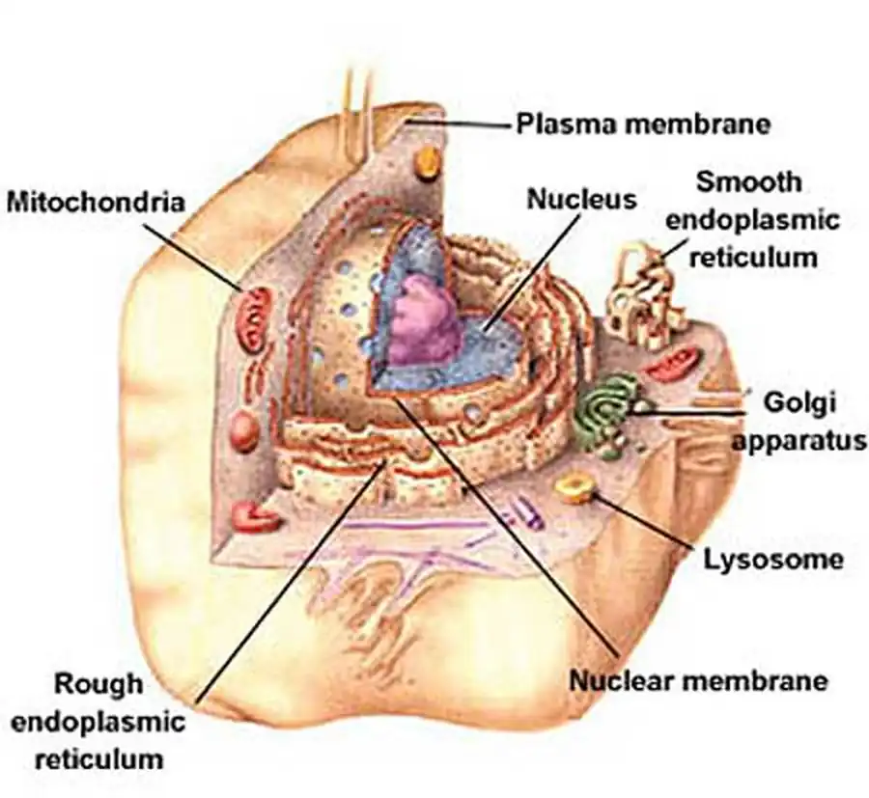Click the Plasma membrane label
click(x=642, y=124)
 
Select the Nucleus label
click(x=581, y=200)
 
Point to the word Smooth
click(x=748, y=181)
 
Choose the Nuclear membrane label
click(x=698, y=680)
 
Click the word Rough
click(x=98, y=683)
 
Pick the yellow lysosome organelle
click(x=576, y=487)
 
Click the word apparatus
click(x=798, y=442)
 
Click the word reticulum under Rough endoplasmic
click(x=99, y=758)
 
